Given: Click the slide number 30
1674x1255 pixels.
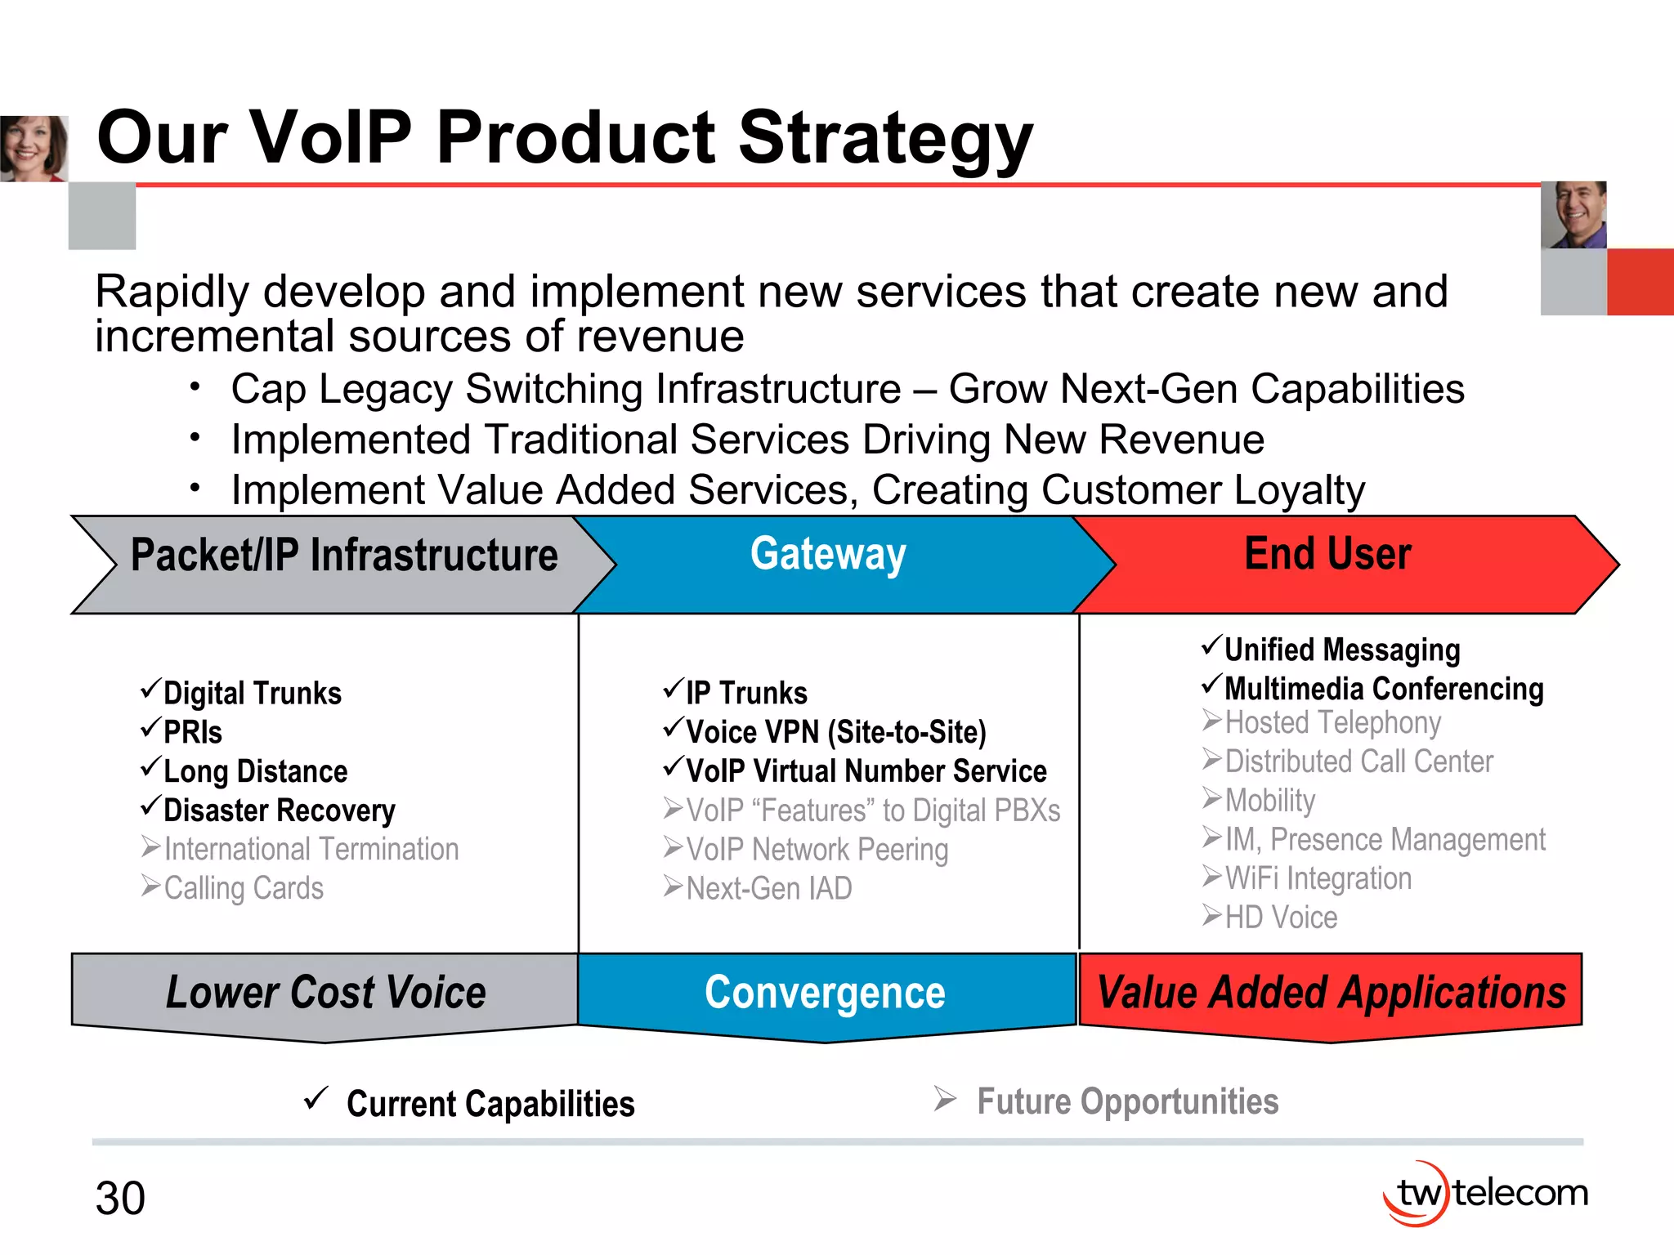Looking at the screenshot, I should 120,1199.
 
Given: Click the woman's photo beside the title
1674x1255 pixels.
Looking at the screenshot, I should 34,149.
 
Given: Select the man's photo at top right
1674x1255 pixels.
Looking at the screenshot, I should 1573,215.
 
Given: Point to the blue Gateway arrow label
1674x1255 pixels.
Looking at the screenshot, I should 828,555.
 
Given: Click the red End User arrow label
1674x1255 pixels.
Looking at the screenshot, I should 1327,554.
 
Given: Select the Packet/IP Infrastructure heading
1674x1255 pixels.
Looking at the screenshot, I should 344,556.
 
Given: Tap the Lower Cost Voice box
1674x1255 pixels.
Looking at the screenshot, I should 325,993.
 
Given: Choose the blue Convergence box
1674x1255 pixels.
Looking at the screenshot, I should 826,993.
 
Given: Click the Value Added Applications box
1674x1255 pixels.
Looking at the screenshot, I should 1331,993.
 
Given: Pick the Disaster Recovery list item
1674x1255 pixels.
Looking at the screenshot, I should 279,811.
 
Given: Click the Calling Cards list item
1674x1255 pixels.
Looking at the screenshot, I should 244,888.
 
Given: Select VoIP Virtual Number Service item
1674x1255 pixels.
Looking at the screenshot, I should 866,771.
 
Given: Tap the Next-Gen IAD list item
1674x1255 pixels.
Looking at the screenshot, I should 768,888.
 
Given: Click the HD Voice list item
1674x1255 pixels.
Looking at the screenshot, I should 1281,918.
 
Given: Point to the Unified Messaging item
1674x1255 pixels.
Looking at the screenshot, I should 1341,650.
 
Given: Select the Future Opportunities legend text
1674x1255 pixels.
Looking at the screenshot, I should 1127,1102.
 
